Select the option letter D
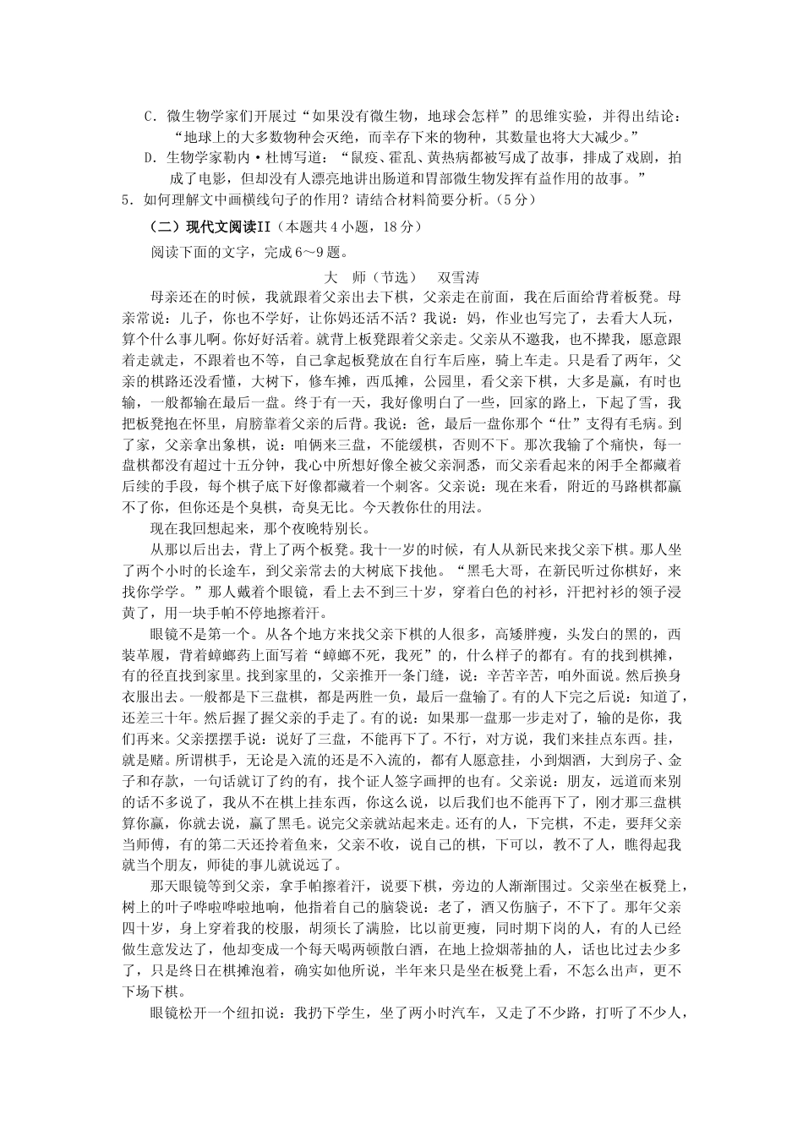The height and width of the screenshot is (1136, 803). [148, 158]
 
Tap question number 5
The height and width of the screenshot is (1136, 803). [128, 200]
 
